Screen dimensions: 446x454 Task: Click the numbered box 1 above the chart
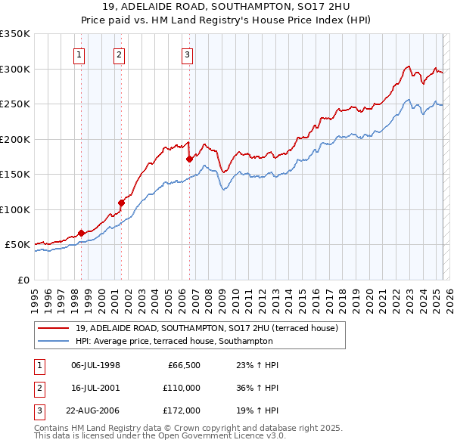coord(79,54)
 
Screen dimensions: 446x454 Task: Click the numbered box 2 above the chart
coord(120,54)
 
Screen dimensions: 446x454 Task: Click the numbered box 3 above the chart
coord(187,54)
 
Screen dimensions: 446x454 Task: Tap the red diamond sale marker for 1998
coord(81,233)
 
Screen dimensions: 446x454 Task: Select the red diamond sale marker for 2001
coord(121,202)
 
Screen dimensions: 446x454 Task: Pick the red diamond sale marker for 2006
coord(189,159)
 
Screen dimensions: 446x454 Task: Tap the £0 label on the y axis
coord(23,280)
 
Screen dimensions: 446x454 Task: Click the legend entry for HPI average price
coord(174,342)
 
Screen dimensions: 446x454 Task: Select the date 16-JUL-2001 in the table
coord(95,388)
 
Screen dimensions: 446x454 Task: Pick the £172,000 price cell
coord(182,410)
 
